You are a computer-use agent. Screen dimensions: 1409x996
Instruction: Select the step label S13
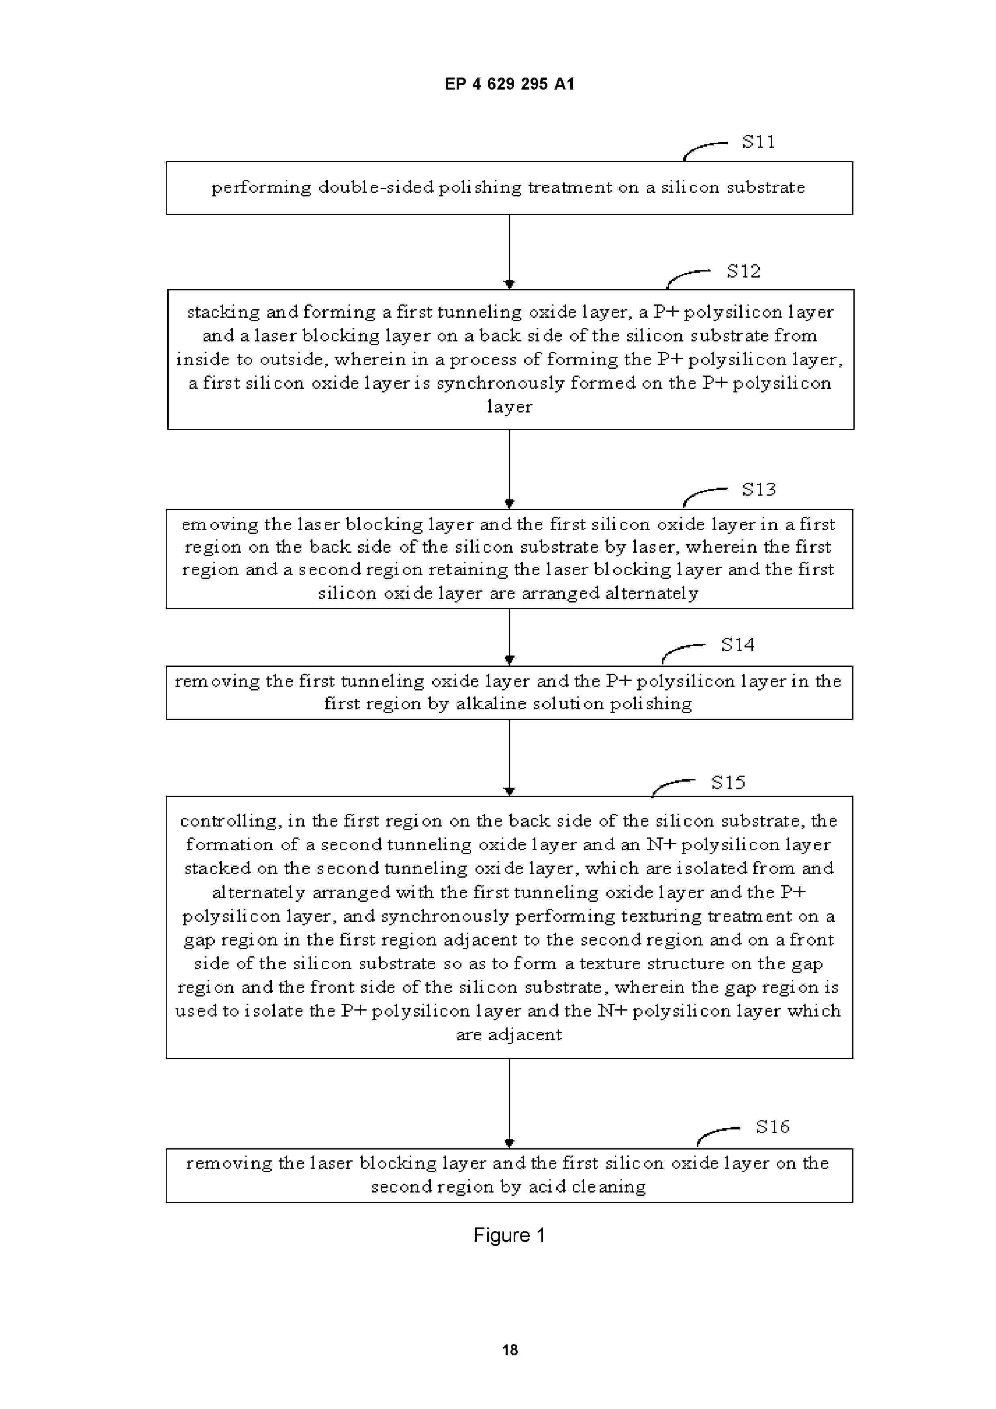coord(759,489)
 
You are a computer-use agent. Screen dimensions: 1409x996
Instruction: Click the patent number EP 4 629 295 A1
coord(509,84)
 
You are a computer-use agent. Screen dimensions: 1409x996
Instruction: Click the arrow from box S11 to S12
coord(509,251)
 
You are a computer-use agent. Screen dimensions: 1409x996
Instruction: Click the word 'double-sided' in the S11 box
coord(376,187)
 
